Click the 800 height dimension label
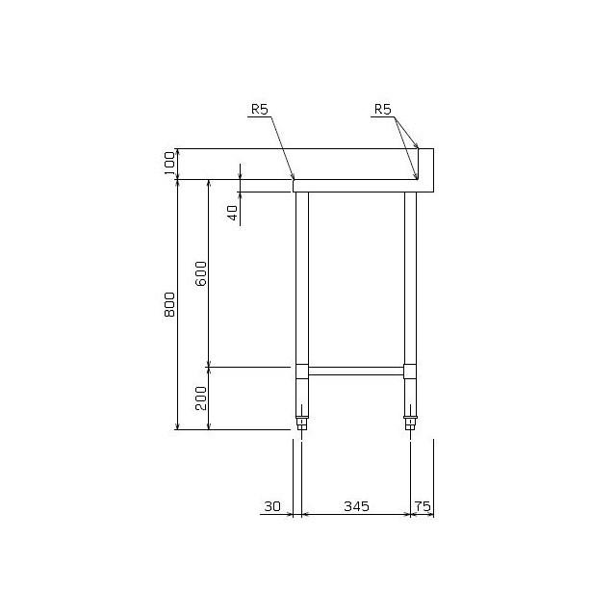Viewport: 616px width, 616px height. (x=169, y=304)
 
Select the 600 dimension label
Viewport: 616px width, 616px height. (x=201, y=273)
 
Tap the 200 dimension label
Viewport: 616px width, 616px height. (x=201, y=398)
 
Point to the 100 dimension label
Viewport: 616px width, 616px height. (x=169, y=164)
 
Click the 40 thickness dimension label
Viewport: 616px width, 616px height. (x=233, y=213)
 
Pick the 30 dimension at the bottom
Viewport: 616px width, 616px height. (x=272, y=506)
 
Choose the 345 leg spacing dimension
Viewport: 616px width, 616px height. (x=356, y=506)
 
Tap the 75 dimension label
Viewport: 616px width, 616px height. (x=423, y=506)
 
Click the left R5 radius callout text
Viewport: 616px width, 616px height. (x=260, y=109)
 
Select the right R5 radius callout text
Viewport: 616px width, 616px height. (x=383, y=109)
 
